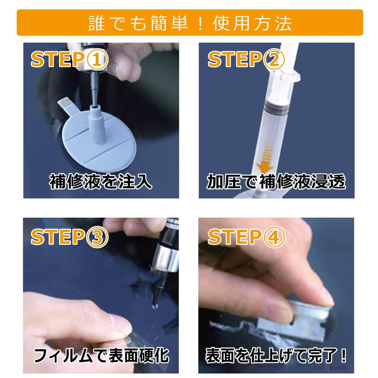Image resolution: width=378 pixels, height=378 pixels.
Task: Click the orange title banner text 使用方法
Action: coord(252,23)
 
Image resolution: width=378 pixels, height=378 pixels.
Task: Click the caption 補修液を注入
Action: coord(101,182)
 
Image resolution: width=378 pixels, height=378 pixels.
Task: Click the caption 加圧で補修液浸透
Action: coord(276,182)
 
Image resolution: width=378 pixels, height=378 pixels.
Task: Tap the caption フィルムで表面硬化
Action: coord(101,356)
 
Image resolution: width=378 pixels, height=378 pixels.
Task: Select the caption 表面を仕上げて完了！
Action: coord(276,356)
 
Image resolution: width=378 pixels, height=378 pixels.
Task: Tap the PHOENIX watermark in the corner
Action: coord(331,368)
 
